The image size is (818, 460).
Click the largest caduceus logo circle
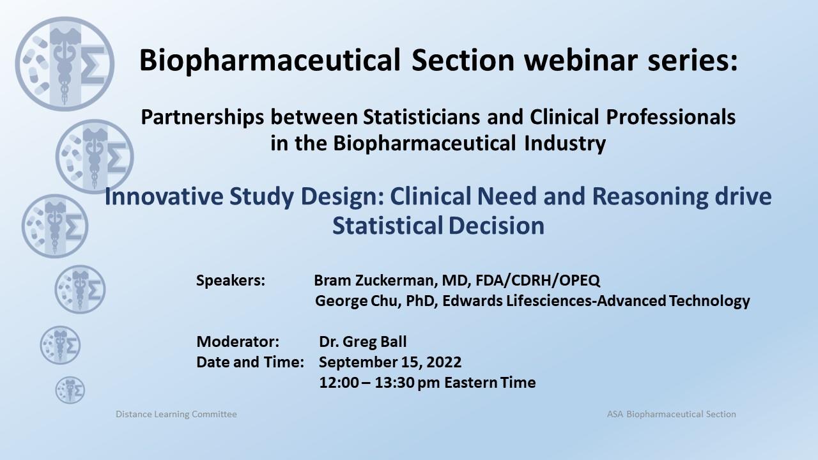click(65, 64)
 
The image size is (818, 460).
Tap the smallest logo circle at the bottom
click(70, 390)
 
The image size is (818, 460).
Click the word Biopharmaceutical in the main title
click(270, 61)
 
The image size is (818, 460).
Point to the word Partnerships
click(203, 118)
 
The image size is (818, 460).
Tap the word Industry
click(565, 143)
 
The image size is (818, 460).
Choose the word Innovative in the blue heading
click(164, 196)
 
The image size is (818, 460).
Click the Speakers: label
click(231, 280)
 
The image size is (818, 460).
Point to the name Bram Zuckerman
click(375, 280)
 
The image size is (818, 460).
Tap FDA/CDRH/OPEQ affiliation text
click(538, 280)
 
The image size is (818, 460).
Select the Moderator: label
click(238, 342)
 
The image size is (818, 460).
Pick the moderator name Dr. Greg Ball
click(362, 342)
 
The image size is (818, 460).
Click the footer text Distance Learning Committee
click(176, 415)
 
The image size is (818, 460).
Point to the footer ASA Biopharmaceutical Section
click(671, 415)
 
